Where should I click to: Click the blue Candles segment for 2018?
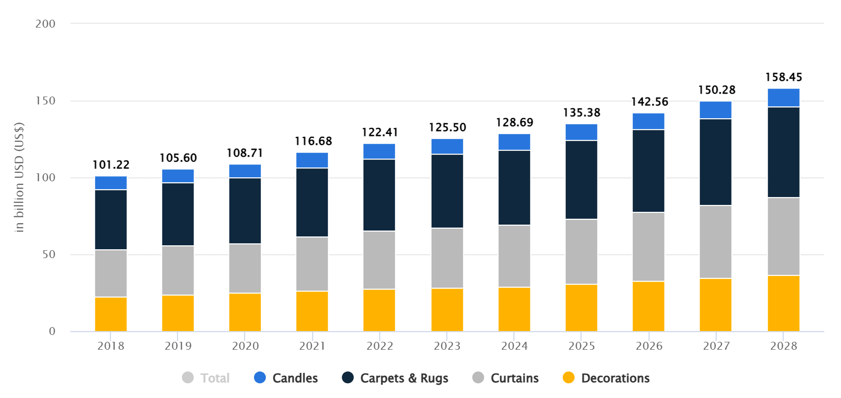(x=111, y=183)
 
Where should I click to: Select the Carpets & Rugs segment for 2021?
(x=312, y=202)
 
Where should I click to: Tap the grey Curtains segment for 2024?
(x=514, y=256)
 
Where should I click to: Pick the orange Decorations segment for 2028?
(x=783, y=303)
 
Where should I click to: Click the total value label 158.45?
(x=783, y=77)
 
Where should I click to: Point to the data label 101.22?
(x=111, y=165)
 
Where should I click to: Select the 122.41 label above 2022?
(x=380, y=133)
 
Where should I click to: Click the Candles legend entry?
(x=286, y=378)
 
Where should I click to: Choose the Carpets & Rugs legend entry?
(x=395, y=378)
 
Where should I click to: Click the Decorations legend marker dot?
(x=569, y=378)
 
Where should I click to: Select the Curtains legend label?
(x=514, y=378)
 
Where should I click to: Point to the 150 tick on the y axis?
(x=45, y=101)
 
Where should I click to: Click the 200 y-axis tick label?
(x=45, y=24)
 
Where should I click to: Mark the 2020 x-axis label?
(x=245, y=346)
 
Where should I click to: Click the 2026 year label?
(x=649, y=346)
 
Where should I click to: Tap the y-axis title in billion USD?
(x=19, y=177)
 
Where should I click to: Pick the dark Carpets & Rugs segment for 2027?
(x=715, y=162)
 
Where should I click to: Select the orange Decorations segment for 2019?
(x=178, y=313)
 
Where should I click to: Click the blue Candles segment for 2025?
(x=581, y=132)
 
